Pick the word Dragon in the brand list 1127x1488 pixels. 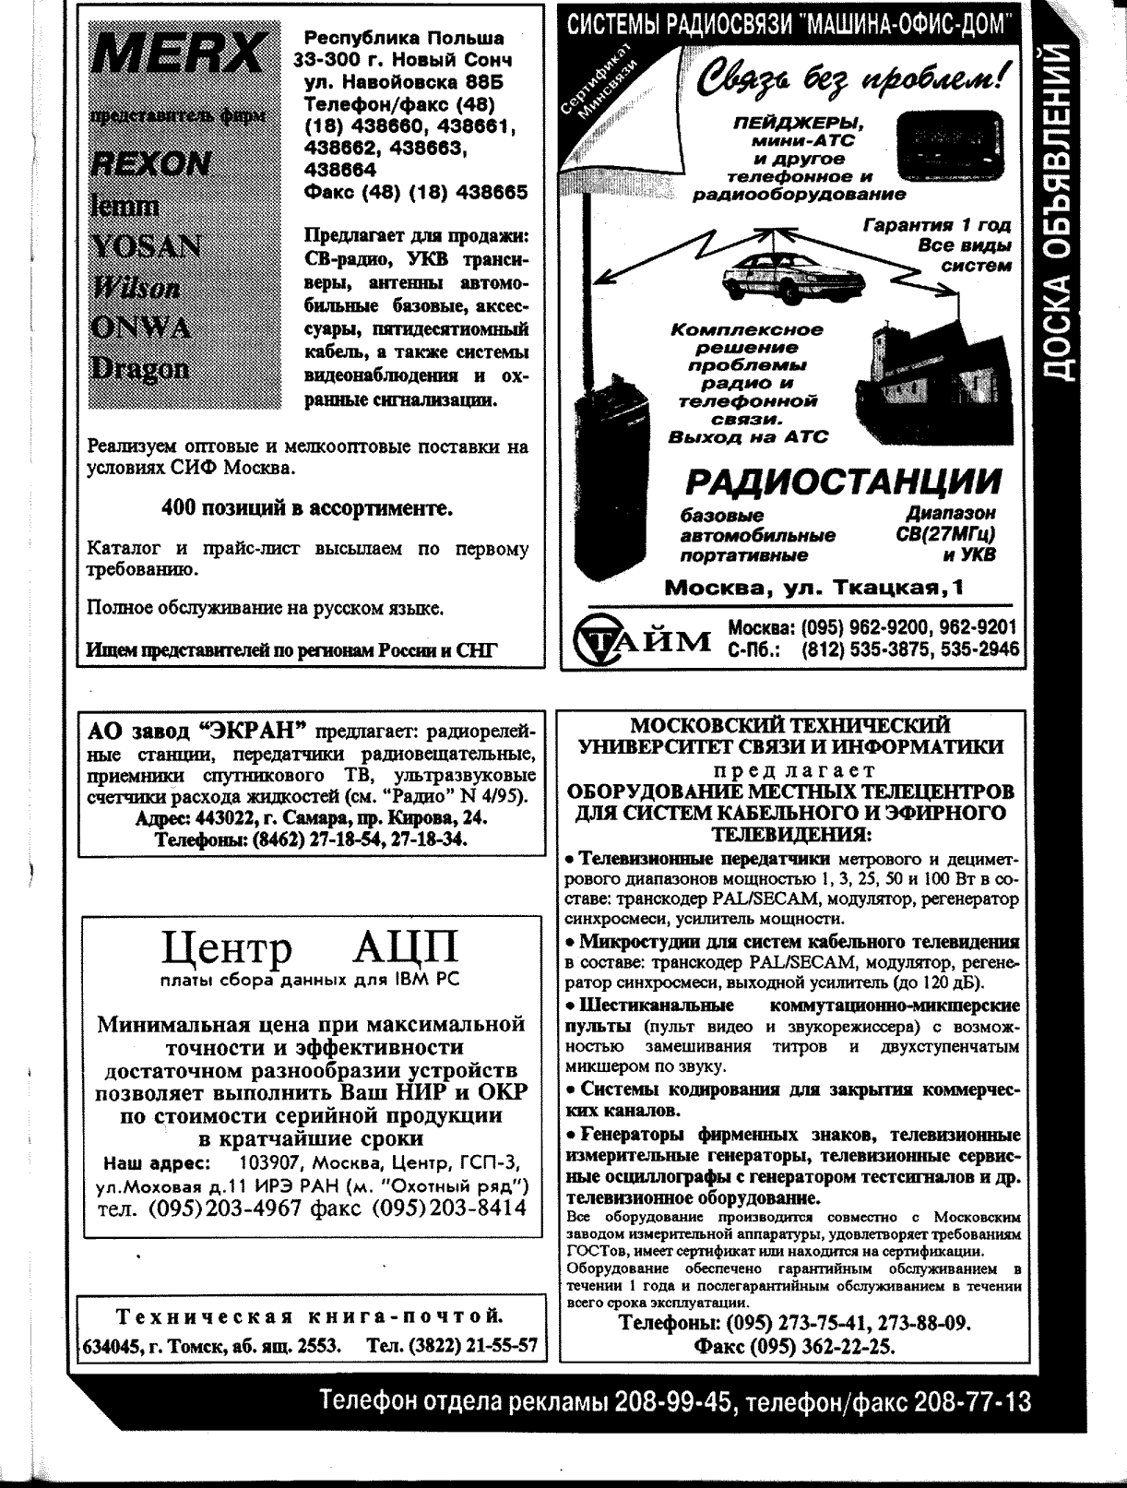tap(139, 368)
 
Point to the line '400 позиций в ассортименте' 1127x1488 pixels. tap(306, 508)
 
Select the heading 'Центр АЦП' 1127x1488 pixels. tap(309, 948)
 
